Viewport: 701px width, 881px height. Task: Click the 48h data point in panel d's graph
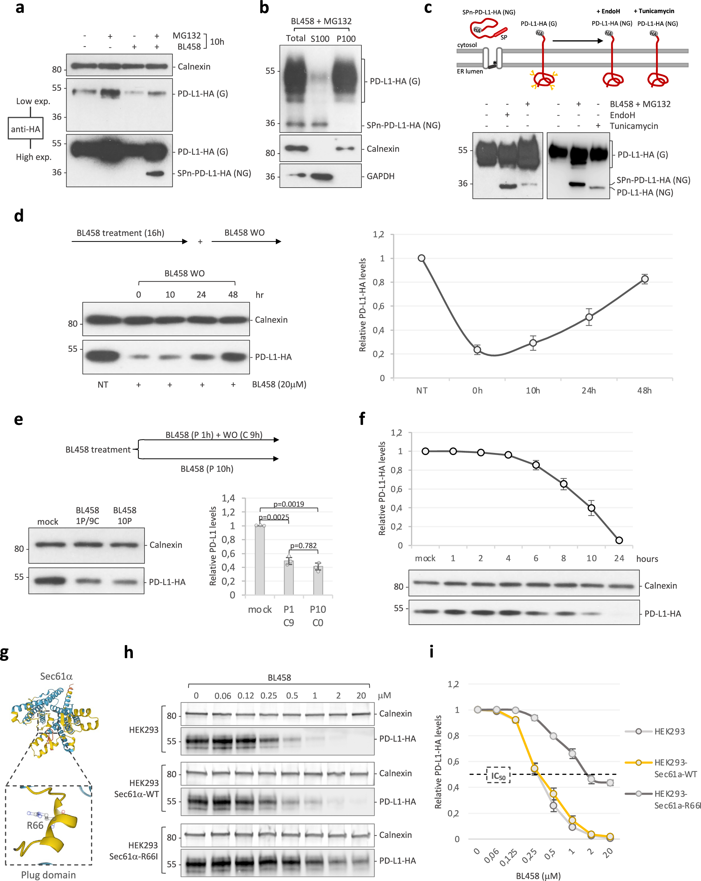pos(645,279)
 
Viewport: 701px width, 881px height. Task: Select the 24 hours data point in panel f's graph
pos(619,540)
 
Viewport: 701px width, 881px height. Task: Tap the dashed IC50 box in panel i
pos(498,775)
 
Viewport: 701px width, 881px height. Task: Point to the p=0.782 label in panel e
pos(303,545)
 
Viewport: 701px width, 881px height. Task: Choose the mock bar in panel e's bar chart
pos(260,560)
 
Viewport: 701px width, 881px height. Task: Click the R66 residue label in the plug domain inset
pos(35,825)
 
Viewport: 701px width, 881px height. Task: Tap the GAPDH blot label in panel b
pos(380,176)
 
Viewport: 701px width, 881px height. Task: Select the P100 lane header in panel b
pos(346,39)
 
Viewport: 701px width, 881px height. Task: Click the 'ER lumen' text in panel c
pos(470,72)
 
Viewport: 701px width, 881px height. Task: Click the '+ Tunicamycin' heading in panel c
pos(654,11)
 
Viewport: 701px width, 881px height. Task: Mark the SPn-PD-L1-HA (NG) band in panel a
pos(155,174)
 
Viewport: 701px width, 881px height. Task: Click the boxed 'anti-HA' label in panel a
pos(25,129)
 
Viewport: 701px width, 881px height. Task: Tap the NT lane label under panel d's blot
pos(103,385)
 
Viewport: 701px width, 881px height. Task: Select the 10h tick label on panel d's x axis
pos(533,391)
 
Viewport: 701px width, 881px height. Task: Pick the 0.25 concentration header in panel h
pos(269,696)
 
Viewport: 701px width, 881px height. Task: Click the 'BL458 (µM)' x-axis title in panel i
pos(538,876)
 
